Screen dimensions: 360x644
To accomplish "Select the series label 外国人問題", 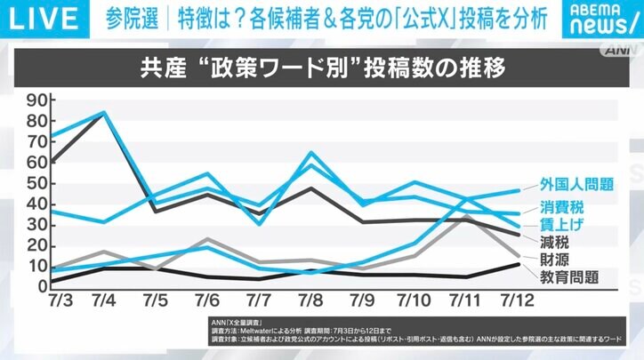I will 577,185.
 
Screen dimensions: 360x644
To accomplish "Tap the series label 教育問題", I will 567,278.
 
